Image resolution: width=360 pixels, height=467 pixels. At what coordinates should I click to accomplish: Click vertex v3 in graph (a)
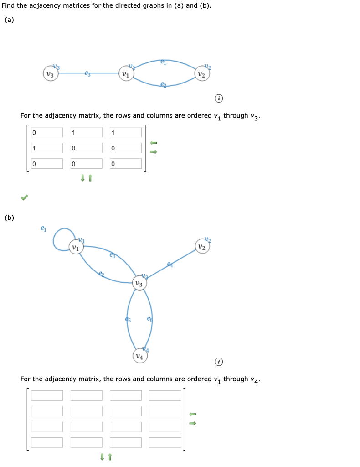tap(51, 74)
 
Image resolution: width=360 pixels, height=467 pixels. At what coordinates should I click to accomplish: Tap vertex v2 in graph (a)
tap(202, 74)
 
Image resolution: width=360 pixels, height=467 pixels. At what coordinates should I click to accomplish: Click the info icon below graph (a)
tap(219, 99)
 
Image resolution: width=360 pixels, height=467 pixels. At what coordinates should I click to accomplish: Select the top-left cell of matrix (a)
tap(47, 133)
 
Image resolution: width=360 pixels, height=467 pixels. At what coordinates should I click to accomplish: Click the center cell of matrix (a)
tap(86, 148)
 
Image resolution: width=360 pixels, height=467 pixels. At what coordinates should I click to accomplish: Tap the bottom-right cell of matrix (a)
tap(125, 164)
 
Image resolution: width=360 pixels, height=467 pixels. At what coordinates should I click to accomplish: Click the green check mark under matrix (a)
tap(24, 197)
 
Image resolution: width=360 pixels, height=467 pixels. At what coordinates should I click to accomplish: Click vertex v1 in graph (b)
tap(77, 248)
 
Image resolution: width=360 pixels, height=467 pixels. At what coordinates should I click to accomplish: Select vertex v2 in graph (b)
tap(202, 246)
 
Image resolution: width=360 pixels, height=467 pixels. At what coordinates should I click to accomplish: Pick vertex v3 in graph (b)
tap(139, 283)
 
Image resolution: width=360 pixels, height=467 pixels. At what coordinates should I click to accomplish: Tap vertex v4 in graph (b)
tap(140, 356)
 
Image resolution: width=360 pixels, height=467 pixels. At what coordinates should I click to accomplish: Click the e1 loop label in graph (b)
tap(43, 228)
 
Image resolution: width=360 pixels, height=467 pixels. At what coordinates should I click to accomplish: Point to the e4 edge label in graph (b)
tap(170, 264)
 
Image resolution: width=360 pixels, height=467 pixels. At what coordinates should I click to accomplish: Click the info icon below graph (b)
tap(219, 362)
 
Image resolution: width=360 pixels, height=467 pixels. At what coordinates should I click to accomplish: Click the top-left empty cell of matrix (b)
tap(47, 396)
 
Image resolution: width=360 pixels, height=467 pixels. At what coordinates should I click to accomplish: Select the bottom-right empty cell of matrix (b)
tap(165, 442)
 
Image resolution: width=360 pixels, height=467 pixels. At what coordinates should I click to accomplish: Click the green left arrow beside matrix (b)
tap(193, 414)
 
